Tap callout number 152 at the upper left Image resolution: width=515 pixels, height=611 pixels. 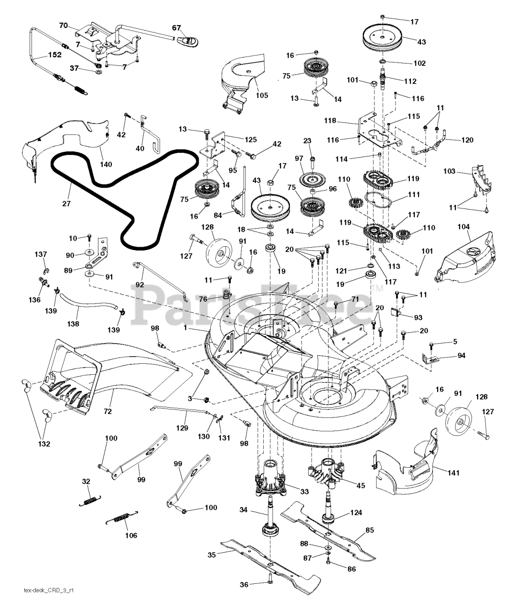54,55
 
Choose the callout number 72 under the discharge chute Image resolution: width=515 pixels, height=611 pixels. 108,411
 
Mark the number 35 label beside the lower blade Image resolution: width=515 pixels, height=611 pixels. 212,555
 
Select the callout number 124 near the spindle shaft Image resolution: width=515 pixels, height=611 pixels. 356,512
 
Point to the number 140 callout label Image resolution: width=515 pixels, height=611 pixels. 106,164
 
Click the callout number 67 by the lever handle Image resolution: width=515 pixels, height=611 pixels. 177,28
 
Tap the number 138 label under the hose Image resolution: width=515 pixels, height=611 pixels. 73,324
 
